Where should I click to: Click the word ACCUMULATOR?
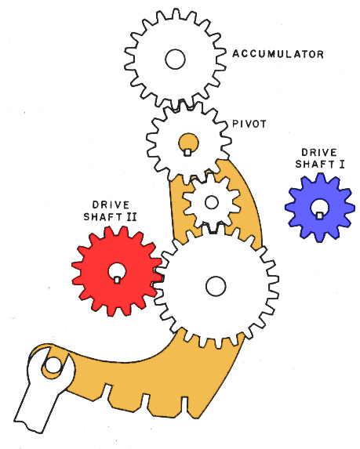(278, 54)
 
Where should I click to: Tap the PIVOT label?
(249, 124)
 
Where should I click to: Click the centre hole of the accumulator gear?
(175, 59)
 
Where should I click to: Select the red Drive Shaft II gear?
(117, 271)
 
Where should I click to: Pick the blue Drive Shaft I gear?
(319, 208)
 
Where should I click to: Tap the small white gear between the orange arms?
(212, 202)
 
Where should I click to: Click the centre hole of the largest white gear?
(216, 286)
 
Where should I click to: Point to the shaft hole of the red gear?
(117, 273)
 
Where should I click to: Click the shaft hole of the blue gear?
(319, 208)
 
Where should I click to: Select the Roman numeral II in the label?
(132, 217)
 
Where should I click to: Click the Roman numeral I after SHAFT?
(342, 164)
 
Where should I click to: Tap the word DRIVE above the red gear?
(111, 205)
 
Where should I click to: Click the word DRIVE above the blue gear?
(319, 152)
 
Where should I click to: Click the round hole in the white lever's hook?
(53, 365)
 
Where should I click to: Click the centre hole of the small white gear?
(212, 202)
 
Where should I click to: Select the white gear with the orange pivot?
(188, 143)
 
